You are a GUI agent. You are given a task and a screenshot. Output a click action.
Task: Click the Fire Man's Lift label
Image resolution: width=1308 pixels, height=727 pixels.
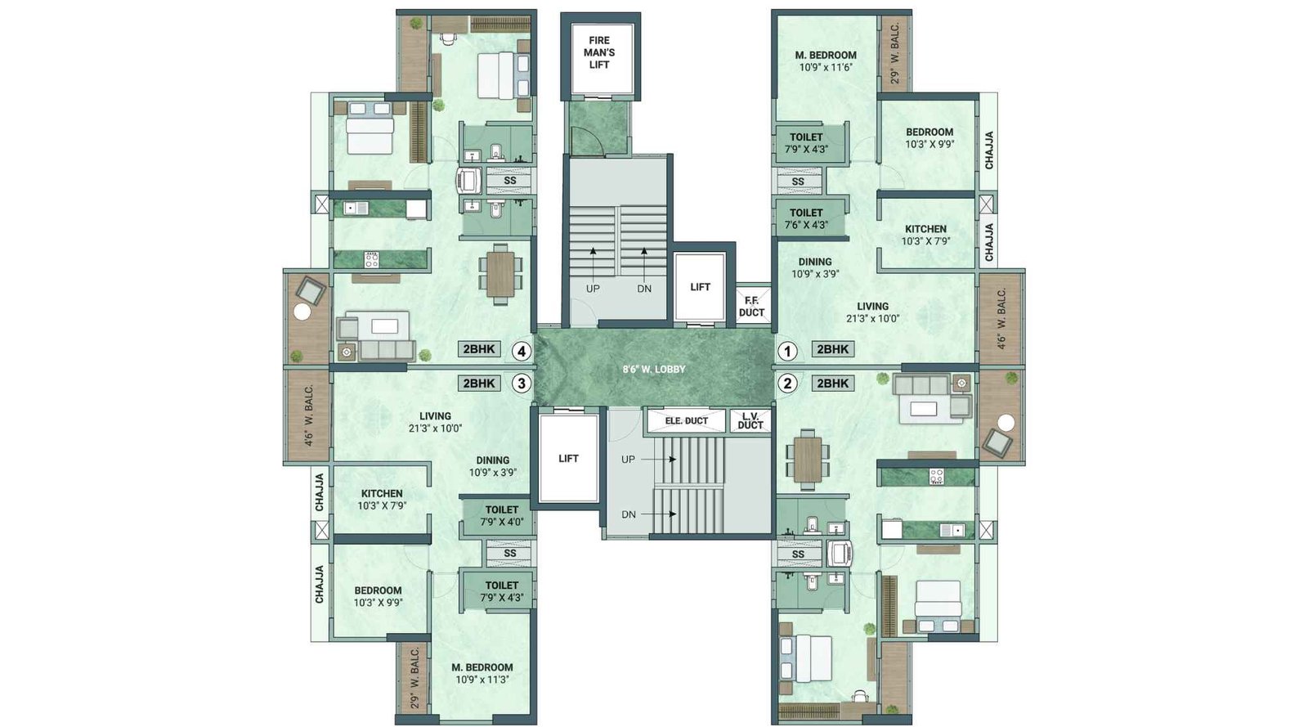[x=599, y=52]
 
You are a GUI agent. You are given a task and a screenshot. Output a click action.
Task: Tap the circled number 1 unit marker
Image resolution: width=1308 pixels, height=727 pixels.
[x=786, y=352]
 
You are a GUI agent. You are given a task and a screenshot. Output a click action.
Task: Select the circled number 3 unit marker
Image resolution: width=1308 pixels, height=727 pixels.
[x=522, y=383]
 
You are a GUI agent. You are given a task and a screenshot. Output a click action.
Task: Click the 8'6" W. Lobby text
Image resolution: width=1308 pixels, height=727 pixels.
[x=654, y=370]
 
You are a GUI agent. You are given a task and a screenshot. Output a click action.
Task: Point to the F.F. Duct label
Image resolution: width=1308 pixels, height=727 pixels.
[x=751, y=307]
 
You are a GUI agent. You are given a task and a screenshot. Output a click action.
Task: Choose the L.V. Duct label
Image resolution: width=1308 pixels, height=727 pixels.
[x=750, y=421]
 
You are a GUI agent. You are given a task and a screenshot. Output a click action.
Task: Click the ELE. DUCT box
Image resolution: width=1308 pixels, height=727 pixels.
[x=686, y=421]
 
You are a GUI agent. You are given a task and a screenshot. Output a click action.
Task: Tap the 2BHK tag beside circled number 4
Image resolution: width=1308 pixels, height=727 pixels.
[x=479, y=349]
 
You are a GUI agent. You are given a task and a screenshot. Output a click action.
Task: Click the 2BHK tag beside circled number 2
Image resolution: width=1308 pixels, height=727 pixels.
[x=832, y=383]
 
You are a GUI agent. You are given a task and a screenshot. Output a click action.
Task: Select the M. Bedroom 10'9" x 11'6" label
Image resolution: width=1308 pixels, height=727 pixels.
[x=826, y=61]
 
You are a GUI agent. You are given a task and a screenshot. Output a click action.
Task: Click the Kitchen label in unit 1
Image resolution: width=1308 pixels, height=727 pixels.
[x=925, y=235]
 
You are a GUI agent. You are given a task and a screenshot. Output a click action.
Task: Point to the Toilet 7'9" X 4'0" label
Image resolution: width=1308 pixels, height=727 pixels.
[x=502, y=515]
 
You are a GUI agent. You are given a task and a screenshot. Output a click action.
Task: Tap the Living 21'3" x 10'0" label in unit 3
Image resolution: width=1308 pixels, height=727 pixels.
[x=435, y=422]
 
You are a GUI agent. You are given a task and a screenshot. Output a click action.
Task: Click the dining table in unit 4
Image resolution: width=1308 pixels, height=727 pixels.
[x=500, y=274]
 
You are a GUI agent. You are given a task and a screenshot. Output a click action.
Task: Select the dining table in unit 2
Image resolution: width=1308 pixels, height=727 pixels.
[x=808, y=459]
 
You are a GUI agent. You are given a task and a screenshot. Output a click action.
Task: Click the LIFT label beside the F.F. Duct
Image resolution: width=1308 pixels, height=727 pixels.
[x=700, y=287]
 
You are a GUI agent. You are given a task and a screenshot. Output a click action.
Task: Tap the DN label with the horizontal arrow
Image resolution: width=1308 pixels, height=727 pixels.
[x=628, y=514]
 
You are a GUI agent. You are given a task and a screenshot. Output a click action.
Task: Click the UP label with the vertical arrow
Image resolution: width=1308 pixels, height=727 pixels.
[x=593, y=289]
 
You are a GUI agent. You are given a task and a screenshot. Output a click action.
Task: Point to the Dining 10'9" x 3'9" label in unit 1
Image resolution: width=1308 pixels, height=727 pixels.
[x=815, y=268]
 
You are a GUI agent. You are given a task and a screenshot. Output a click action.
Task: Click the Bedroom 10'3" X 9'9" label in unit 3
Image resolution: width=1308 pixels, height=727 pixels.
[x=378, y=596]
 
